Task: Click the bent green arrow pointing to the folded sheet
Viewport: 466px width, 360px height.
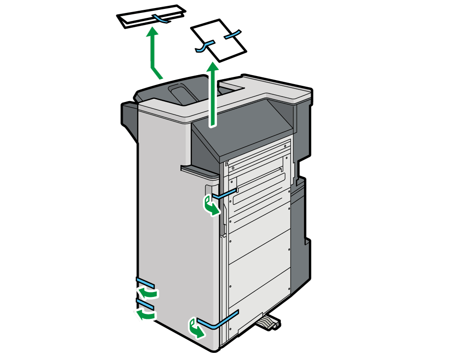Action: pos(154,51)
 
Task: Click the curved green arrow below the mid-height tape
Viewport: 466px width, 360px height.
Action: pos(211,206)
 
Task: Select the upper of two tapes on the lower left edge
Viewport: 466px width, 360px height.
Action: pos(145,283)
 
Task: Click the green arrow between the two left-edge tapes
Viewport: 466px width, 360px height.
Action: pos(148,293)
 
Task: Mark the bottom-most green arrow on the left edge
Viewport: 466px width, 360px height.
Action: pos(146,315)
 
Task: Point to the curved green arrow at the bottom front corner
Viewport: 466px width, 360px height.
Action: pos(197,329)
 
